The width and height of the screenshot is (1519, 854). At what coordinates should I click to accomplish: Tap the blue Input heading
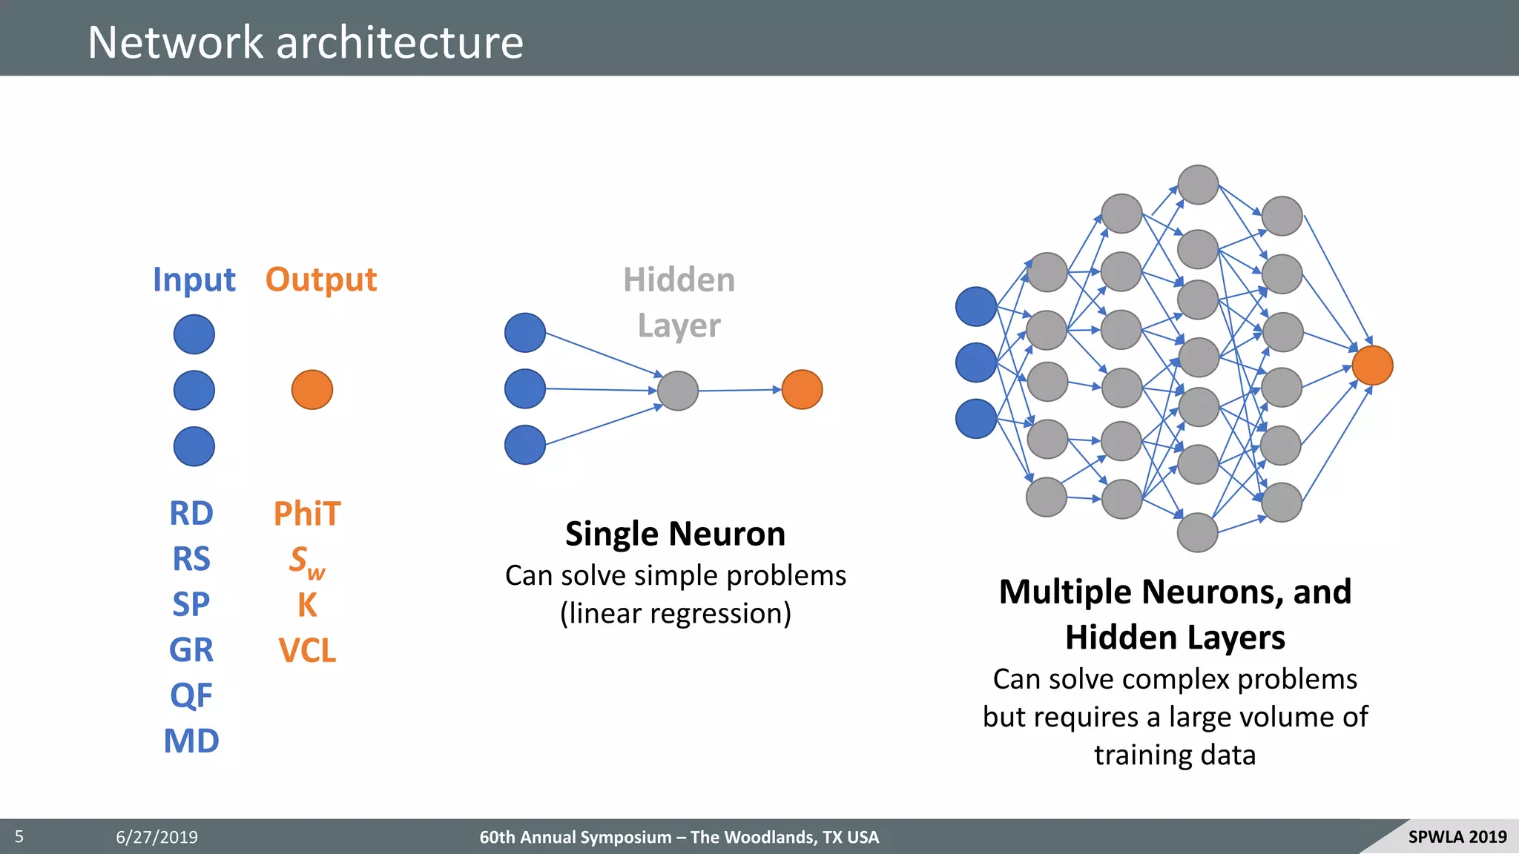tap(194, 280)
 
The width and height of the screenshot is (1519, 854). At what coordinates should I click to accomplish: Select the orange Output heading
tap(321, 280)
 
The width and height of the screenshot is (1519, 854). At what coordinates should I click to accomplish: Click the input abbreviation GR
tap(191, 650)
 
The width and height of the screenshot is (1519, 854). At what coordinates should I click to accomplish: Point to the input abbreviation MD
tap(191, 741)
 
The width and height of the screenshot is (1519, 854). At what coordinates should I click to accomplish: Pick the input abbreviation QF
tap(191, 695)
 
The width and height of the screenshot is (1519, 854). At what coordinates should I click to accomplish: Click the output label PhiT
tap(307, 514)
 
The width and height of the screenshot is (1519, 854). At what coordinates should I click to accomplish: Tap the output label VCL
tap(307, 650)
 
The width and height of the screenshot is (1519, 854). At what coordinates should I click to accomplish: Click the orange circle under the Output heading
tap(312, 390)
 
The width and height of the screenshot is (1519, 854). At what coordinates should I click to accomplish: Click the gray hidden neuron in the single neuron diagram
tap(678, 391)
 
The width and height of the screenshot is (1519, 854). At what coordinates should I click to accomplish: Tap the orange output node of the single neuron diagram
tap(803, 390)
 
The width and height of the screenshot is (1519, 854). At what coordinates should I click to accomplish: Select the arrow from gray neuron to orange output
tap(739, 390)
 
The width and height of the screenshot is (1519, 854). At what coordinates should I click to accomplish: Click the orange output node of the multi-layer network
tap(1372, 365)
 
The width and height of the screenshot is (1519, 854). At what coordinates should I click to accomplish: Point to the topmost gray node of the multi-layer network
tap(1198, 185)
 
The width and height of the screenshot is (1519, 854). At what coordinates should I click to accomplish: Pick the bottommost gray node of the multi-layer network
tap(1198, 532)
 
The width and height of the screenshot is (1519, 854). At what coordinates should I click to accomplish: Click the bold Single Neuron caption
tap(675, 534)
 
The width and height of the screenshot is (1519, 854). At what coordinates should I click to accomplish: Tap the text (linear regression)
tap(675, 614)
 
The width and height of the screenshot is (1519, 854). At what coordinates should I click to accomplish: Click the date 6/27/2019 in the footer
tap(156, 837)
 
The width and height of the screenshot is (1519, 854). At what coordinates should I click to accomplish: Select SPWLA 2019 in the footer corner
tap(1457, 837)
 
